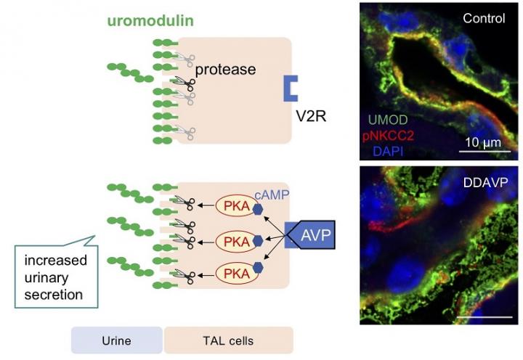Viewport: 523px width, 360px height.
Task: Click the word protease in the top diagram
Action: (x=225, y=69)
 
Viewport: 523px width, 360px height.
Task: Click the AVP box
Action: (x=312, y=235)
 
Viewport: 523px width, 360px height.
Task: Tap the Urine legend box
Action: (x=116, y=340)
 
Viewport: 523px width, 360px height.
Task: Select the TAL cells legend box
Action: (x=229, y=340)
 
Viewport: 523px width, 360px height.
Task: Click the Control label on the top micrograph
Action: (x=484, y=18)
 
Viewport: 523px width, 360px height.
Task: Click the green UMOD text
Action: (x=389, y=119)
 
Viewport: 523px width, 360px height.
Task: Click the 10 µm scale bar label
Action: (x=482, y=142)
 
